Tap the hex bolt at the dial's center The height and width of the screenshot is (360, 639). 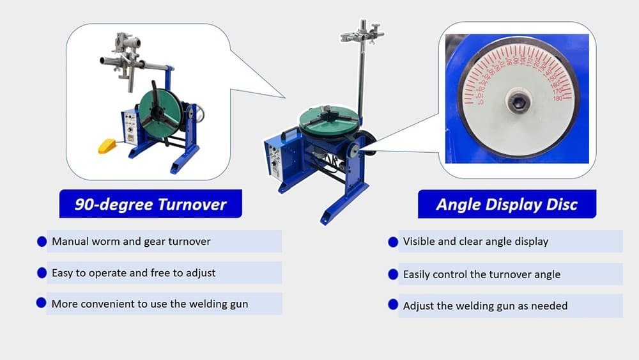(518, 100)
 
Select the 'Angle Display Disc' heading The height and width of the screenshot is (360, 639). (507, 205)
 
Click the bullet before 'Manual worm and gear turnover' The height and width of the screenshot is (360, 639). (42, 242)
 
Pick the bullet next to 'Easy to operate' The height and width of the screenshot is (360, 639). (42, 273)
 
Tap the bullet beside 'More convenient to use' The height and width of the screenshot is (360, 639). (42, 304)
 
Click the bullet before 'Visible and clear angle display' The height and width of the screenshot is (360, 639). (394, 242)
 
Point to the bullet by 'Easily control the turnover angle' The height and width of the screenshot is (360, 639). (394, 274)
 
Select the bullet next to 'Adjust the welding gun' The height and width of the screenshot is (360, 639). (394, 305)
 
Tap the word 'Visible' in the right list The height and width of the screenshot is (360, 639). (420, 242)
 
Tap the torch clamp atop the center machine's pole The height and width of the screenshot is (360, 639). (361, 34)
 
